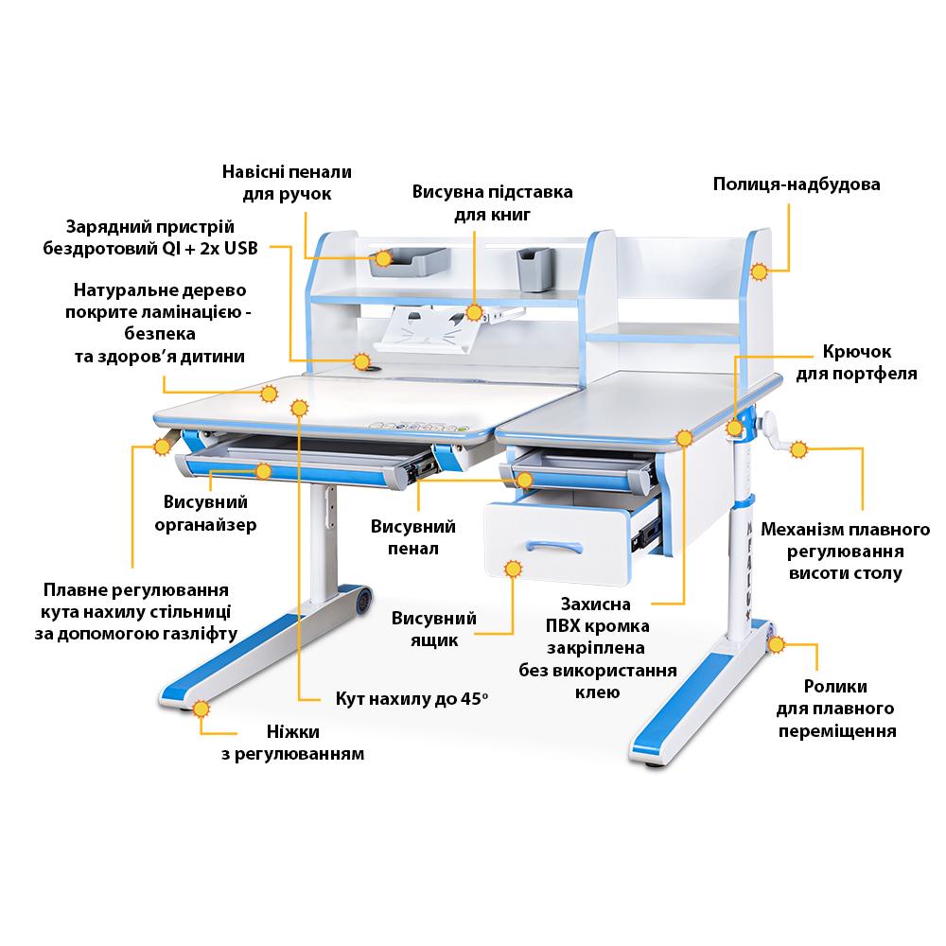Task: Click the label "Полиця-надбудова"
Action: pos(797,184)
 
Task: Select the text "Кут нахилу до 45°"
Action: pos(412,699)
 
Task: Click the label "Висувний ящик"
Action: pos(434,629)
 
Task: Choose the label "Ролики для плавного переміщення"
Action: pos(835,708)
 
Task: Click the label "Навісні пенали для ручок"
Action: pos(287,183)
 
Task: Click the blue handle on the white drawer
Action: pos(553,546)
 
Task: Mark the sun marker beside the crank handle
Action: pos(798,449)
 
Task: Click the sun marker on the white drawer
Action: pos(514,569)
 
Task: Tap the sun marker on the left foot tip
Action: pos(201,709)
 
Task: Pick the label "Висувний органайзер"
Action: pos(204,513)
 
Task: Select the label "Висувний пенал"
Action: pos(413,536)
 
